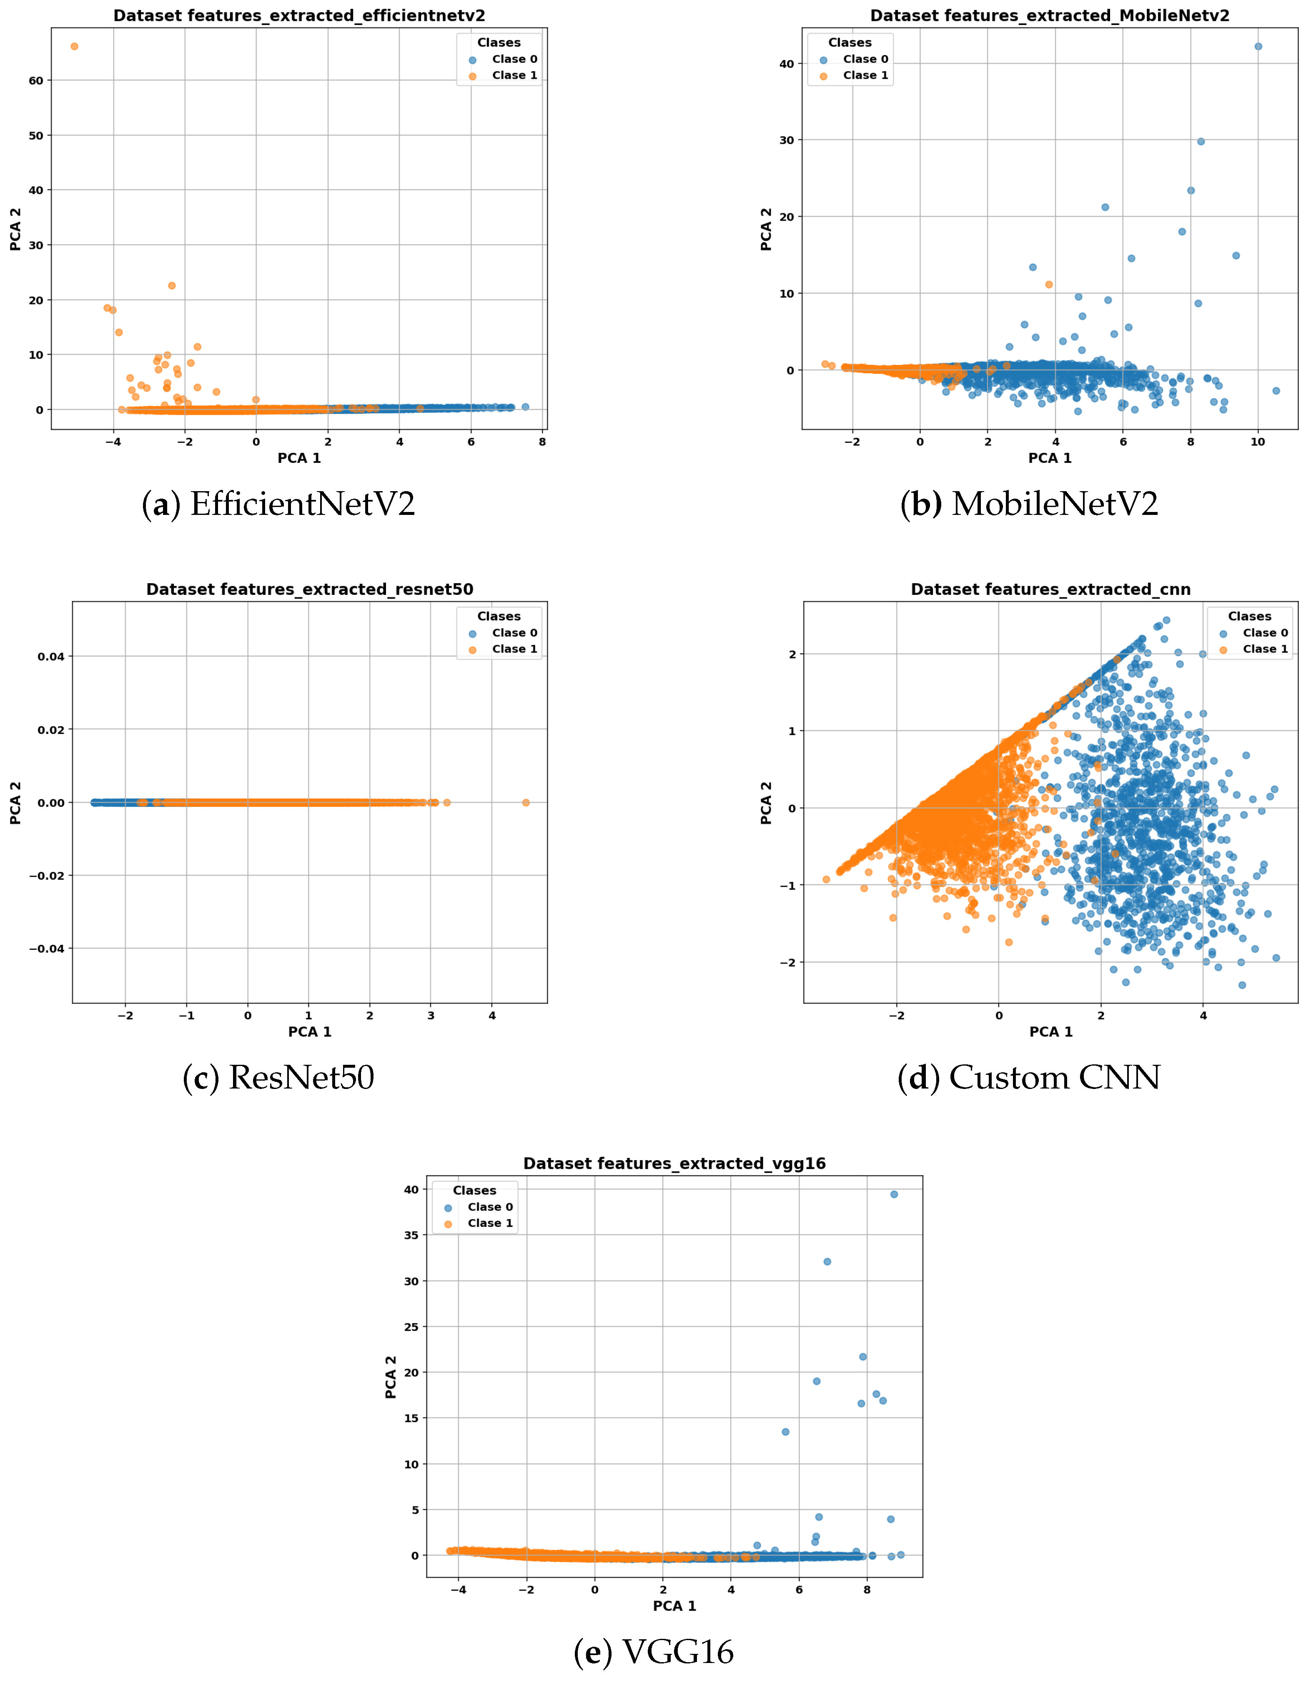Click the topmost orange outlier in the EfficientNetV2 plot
74,46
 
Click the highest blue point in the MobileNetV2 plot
1258,46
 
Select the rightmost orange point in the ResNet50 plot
526,802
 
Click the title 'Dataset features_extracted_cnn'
1051,589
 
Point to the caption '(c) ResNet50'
278,1077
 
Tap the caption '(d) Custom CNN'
1028,1077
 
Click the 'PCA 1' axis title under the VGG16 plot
674,1606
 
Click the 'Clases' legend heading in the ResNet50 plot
499,617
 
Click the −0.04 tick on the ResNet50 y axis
48,949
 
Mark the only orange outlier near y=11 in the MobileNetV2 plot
1048,285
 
